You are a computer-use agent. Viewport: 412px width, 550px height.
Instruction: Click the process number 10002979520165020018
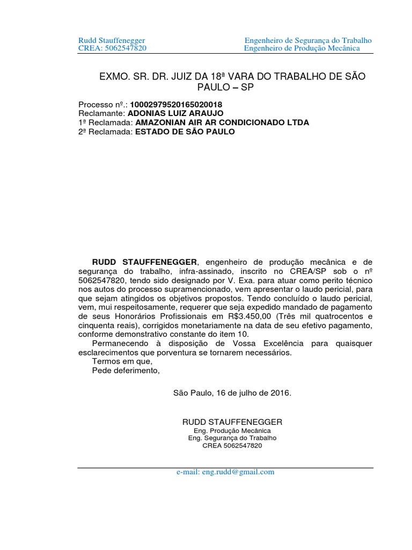click(x=169, y=104)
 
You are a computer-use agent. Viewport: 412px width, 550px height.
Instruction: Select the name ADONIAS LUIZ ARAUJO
click(x=175, y=113)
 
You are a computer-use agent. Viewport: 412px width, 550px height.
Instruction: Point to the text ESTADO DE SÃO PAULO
click(x=185, y=132)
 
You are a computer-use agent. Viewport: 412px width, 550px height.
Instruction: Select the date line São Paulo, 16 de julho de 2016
click(x=232, y=393)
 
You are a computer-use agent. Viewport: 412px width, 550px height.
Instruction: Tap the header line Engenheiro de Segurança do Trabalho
click(x=308, y=41)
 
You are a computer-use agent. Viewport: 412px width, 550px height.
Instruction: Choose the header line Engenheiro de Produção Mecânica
click(x=302, y=49)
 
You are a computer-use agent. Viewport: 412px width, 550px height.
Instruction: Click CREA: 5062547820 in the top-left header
click(x=112, y=49)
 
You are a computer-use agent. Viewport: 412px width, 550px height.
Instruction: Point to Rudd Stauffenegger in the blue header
click(x=112, y=41)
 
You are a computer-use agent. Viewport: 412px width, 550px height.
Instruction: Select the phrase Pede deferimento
click(x=126, y=371)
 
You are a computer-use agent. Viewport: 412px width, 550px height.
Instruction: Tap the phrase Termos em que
click(x=122, y=361)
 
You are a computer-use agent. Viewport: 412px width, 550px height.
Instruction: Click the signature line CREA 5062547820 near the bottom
click(x=232, y=446)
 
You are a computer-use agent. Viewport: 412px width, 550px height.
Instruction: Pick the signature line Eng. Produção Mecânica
click(x=232, y=431)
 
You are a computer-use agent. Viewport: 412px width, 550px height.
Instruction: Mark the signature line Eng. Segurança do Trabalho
click(x=232, y=438)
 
